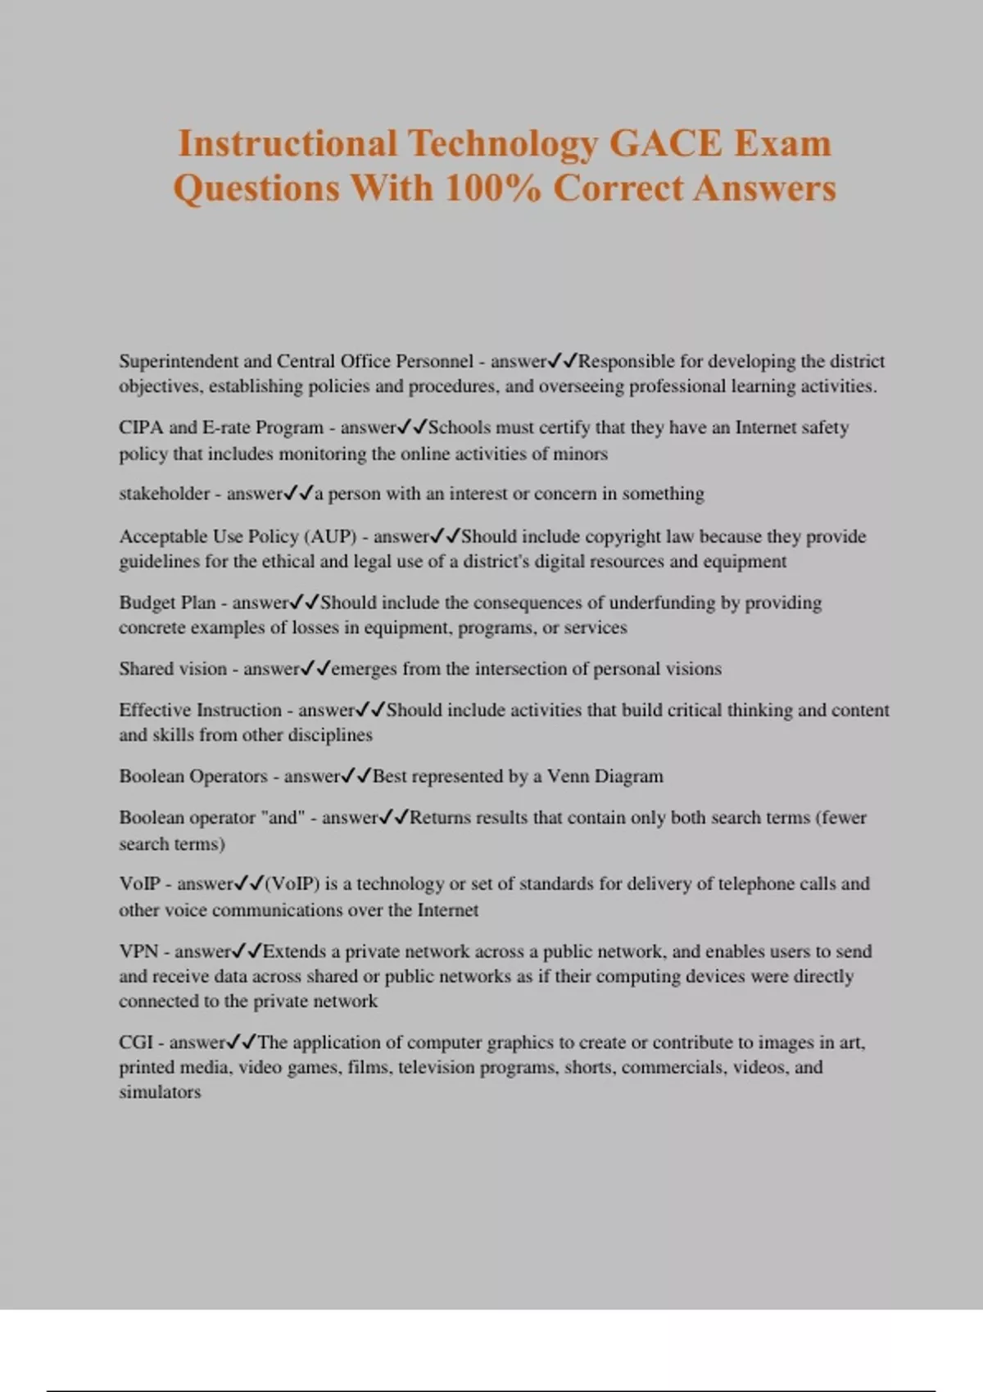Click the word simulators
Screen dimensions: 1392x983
pyautogui.click(x=160, y=1092)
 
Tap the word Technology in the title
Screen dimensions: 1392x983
pyautogui.click(x=503, y=144)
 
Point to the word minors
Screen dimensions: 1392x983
pyautogui.click(x=582, y=454)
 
